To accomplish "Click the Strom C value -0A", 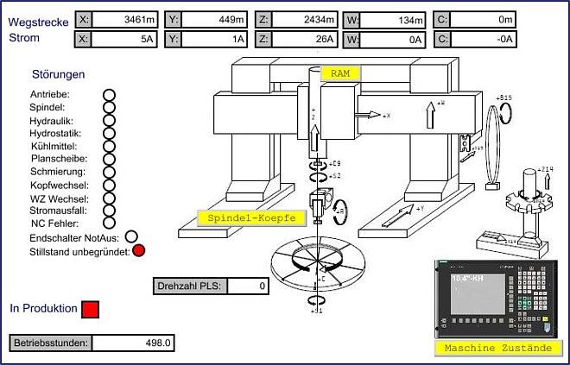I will click(484, 38).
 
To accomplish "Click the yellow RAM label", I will click(339, 74).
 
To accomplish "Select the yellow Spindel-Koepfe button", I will click(246, 218).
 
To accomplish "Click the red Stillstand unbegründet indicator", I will click(138, 251).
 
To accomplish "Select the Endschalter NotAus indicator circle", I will click(131, 236).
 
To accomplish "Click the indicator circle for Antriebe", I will click(109, 94).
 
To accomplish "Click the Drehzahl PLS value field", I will click(250, 285).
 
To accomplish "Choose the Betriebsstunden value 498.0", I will click(133, 343).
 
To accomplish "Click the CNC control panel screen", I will click(476, 297).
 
